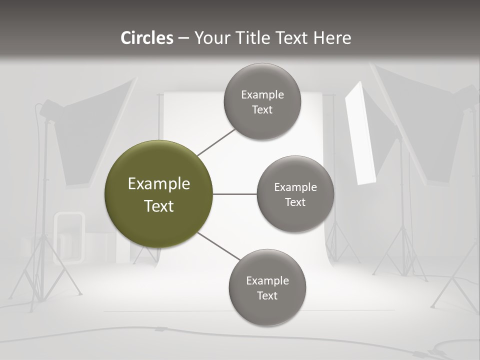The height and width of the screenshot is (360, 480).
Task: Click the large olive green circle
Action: coord(158,194)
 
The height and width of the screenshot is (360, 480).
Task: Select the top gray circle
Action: coord(262,101)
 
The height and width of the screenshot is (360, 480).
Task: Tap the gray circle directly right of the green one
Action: coord(295,194)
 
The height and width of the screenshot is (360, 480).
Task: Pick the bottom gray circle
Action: coord(267,287)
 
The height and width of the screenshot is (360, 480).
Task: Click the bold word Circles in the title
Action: coord(147,38)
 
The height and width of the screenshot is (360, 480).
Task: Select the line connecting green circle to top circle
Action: coord(216,142)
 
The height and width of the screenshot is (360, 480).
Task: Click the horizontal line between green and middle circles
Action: coord(234,194)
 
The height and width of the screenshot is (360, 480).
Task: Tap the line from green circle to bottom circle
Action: coord(219,246)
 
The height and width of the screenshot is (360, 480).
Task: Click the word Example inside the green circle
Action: coord(158,184)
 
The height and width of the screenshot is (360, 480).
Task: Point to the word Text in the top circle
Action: coord(262,109)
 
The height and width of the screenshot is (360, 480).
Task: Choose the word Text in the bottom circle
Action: coord(267,295)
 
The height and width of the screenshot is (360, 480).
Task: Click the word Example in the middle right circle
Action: coord(295,187)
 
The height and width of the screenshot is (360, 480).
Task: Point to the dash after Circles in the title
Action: coord(183,38)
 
